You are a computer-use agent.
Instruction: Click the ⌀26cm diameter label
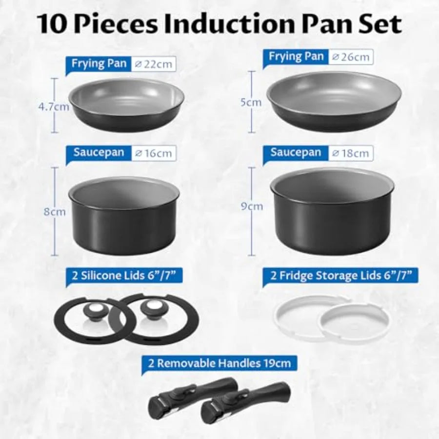(x=350, y=57)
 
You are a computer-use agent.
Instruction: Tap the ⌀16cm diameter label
(x=154, y=153)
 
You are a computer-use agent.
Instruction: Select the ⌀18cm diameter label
(x=350, y=153)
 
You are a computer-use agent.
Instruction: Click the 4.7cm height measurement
(x=55, y=107)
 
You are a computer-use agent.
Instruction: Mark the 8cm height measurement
(x=55, y=213)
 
